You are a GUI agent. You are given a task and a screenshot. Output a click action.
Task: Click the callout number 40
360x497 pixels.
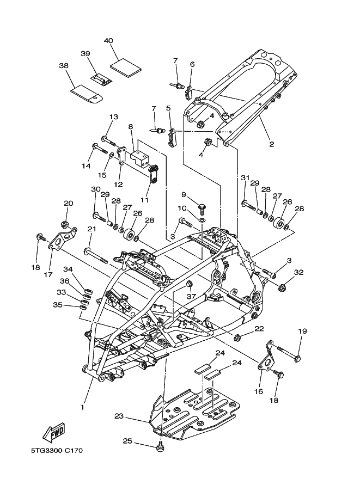[108, 41]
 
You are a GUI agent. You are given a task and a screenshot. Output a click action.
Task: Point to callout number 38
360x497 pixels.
[63, 66]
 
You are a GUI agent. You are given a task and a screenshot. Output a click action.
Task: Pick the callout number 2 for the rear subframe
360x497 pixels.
[271, 144]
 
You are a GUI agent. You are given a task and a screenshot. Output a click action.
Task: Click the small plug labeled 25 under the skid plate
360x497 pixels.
[160, 447]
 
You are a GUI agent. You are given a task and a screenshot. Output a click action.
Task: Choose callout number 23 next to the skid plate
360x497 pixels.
[119, 416]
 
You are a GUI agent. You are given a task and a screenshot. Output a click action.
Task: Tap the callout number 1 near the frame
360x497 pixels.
[83, 407]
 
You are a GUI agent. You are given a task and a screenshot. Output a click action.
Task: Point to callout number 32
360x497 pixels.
[298, 272]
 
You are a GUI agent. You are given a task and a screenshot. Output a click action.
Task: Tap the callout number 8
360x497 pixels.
[130, 127]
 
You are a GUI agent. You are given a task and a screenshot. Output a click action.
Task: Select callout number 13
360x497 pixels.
[113, 117]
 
